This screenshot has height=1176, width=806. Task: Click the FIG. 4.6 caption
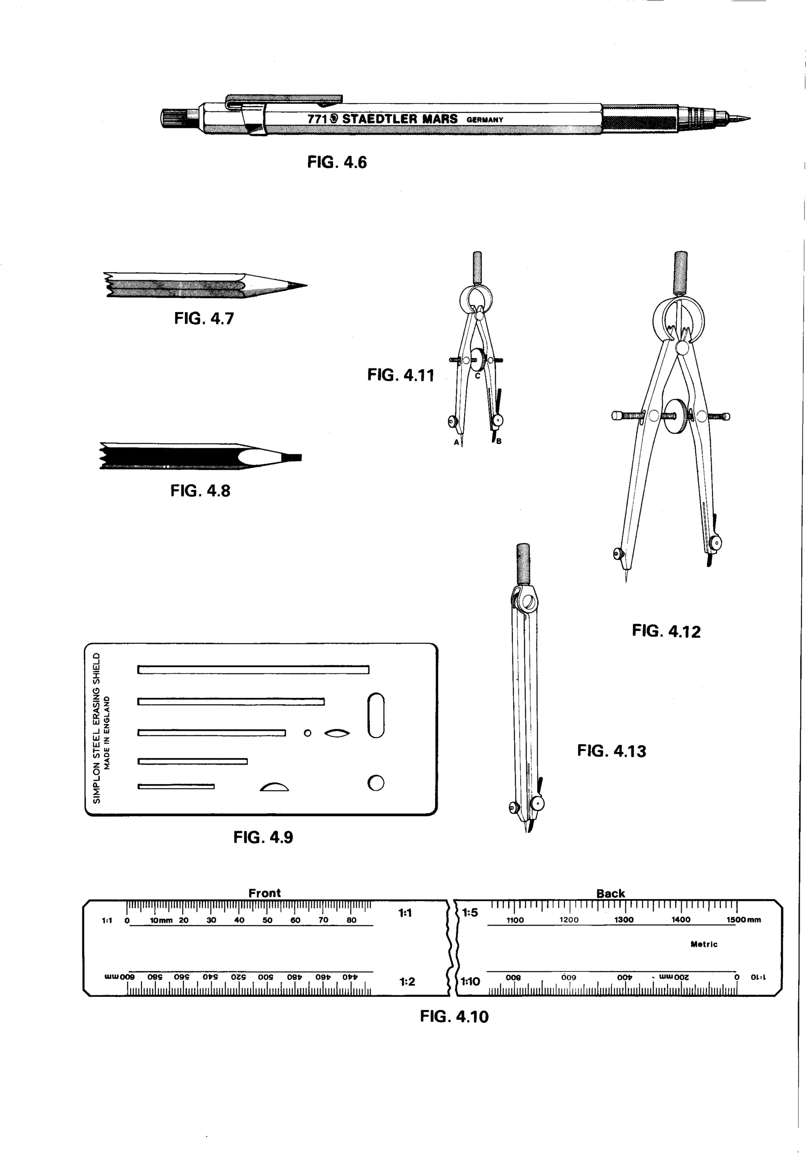[337, 163]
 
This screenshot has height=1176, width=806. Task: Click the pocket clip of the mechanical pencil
[283, 98]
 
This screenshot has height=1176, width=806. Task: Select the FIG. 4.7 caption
[204, 319]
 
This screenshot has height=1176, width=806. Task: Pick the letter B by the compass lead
[499, 441]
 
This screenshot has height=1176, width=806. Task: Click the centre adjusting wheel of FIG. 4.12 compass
[677, 416]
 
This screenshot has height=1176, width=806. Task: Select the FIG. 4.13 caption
[611, 751]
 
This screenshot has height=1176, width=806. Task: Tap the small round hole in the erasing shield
[307, 733]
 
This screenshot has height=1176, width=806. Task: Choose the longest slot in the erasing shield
[253, 670]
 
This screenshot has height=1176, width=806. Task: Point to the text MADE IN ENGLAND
[107, 733]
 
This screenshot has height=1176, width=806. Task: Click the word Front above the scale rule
[264, 893]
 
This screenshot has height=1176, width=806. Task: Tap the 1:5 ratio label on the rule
[470, 913]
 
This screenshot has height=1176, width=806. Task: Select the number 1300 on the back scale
[623, 920]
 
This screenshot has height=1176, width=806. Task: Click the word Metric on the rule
[704, 944]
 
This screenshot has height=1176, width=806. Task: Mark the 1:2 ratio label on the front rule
[407, 982]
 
